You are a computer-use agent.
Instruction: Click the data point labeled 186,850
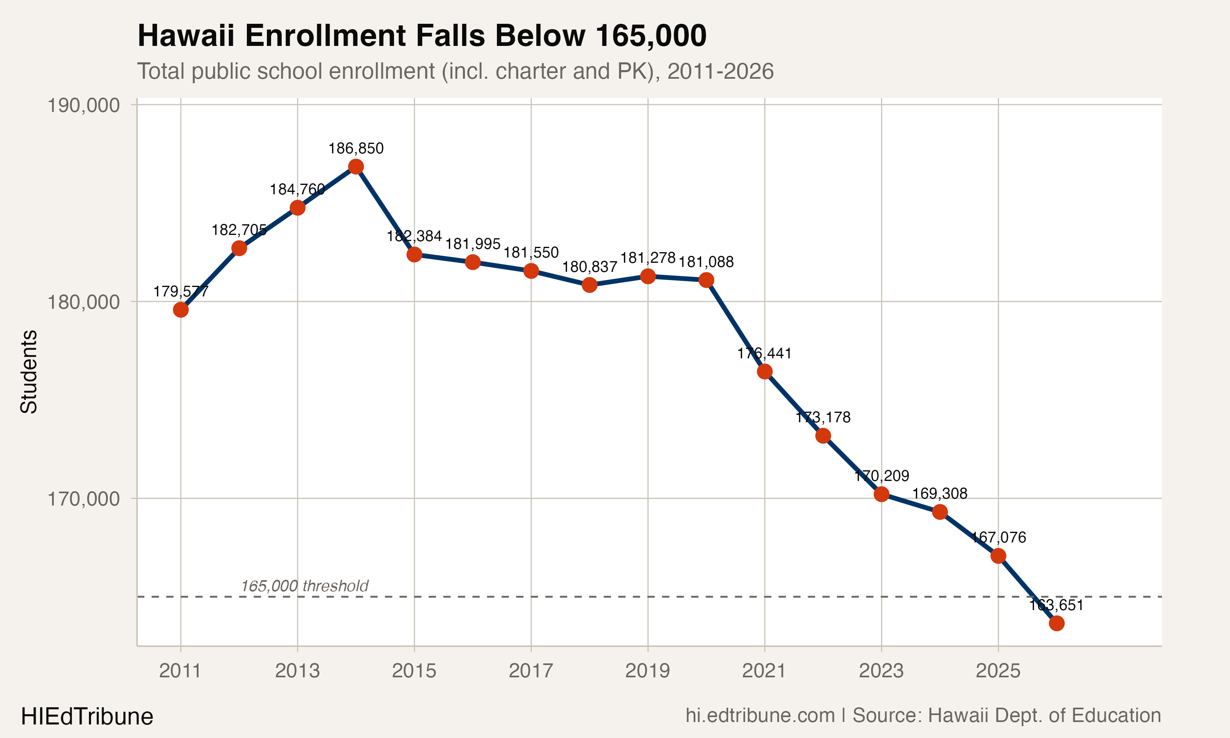tap(356, 166)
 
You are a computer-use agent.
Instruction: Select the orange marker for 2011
tap(180, 310)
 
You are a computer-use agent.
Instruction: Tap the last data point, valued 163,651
tap(1057, 623)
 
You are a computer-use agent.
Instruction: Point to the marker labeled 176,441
tap(765, 371)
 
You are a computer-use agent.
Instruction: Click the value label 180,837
tap(589, 267)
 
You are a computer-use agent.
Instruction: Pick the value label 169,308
tap(940, 494)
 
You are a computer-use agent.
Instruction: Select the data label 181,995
tap(472, 244)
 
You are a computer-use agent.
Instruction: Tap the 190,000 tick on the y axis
tap(84, 105)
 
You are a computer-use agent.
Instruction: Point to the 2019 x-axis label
tap(647, 671)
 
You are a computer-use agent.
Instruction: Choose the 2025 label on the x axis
tap(998, 671)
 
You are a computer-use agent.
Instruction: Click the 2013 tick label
tap(297, 671)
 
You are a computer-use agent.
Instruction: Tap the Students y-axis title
tap(29, 371)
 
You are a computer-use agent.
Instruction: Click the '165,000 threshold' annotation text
tap(304, 586)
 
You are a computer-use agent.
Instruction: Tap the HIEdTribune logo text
tap(87, 717)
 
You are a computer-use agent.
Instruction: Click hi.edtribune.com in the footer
tap(760, 715)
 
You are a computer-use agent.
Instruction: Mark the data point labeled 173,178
tap(823, 436)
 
